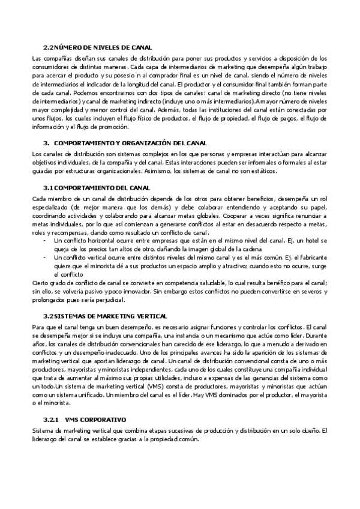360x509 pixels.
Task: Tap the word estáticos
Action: click(262, 171)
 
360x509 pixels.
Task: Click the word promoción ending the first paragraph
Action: click(114, 127)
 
